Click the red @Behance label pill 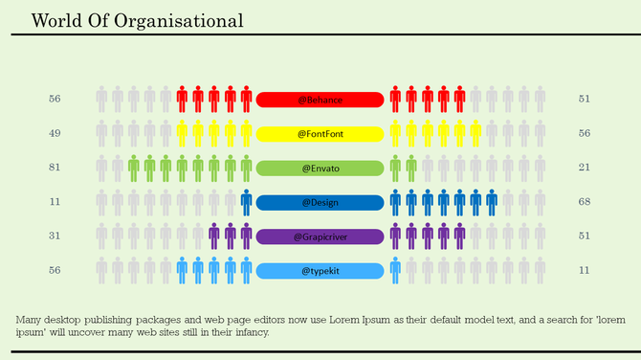click(x=320, y=100)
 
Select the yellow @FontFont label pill click(x=320, y=134)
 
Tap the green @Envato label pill click(x=320, y=169)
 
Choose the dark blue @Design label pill click(x=320, y=203)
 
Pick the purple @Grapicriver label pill click(x=320, y=236)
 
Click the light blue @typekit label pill click(x=320, y=271)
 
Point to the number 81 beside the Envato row click(x=55, y=168)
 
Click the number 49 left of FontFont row click(x=55, y=133)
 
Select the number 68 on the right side click(x=585, y=202)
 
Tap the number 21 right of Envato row click(x=585, y=168)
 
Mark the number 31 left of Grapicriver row click(x=55, y=236)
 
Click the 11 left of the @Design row click(x=55, y=202)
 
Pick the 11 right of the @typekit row click(x=585, y=271)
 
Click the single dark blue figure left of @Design click(x=246, y=203)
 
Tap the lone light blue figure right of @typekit click(x=395, y=271)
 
